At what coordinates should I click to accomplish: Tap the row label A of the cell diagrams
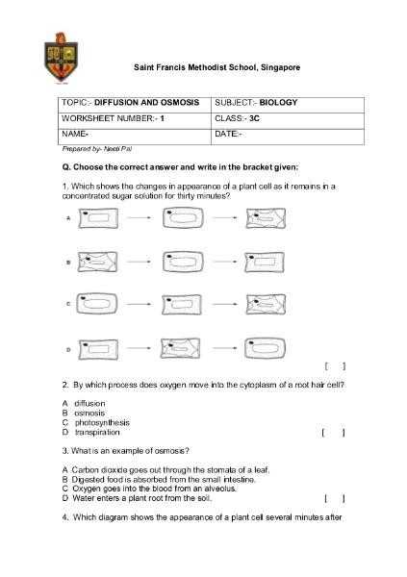(68, 218)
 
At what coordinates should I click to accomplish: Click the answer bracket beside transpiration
(333, 433)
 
